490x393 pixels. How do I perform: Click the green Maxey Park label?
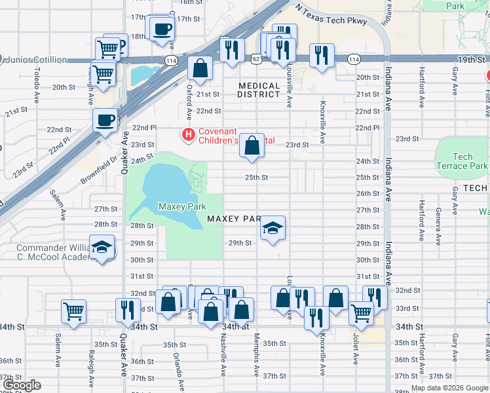pos(178,207)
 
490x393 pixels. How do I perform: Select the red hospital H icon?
pos(189,136)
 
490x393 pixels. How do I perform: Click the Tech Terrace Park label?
pos(462,161)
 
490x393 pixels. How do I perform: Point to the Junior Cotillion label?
pos(36,60)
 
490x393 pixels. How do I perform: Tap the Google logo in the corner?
pos(22,385)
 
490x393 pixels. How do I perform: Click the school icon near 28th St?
pos(273,229)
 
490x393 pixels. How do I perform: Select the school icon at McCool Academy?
pos(102,248)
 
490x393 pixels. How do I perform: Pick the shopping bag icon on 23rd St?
pos(252,146)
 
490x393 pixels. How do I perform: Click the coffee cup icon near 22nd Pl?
pos(105,121)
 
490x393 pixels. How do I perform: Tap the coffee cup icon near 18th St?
pos(162,29)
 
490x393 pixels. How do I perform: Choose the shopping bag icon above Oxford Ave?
pos(200,67)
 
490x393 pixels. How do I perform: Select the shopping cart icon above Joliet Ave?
pos(361,314)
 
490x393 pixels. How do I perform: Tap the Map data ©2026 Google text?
pos(449,388)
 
